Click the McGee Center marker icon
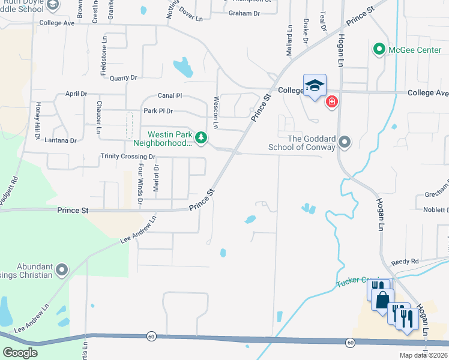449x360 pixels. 379,50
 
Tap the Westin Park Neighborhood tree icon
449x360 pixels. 201,139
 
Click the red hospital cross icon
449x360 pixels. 331,103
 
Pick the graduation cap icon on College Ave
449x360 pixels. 315,86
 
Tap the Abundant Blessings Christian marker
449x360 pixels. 61,271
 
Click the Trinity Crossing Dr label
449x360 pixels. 128,157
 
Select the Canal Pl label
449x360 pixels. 170,95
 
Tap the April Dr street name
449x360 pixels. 76,94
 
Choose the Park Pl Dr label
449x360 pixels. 158,111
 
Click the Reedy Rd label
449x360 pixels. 404,263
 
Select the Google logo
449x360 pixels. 20,353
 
